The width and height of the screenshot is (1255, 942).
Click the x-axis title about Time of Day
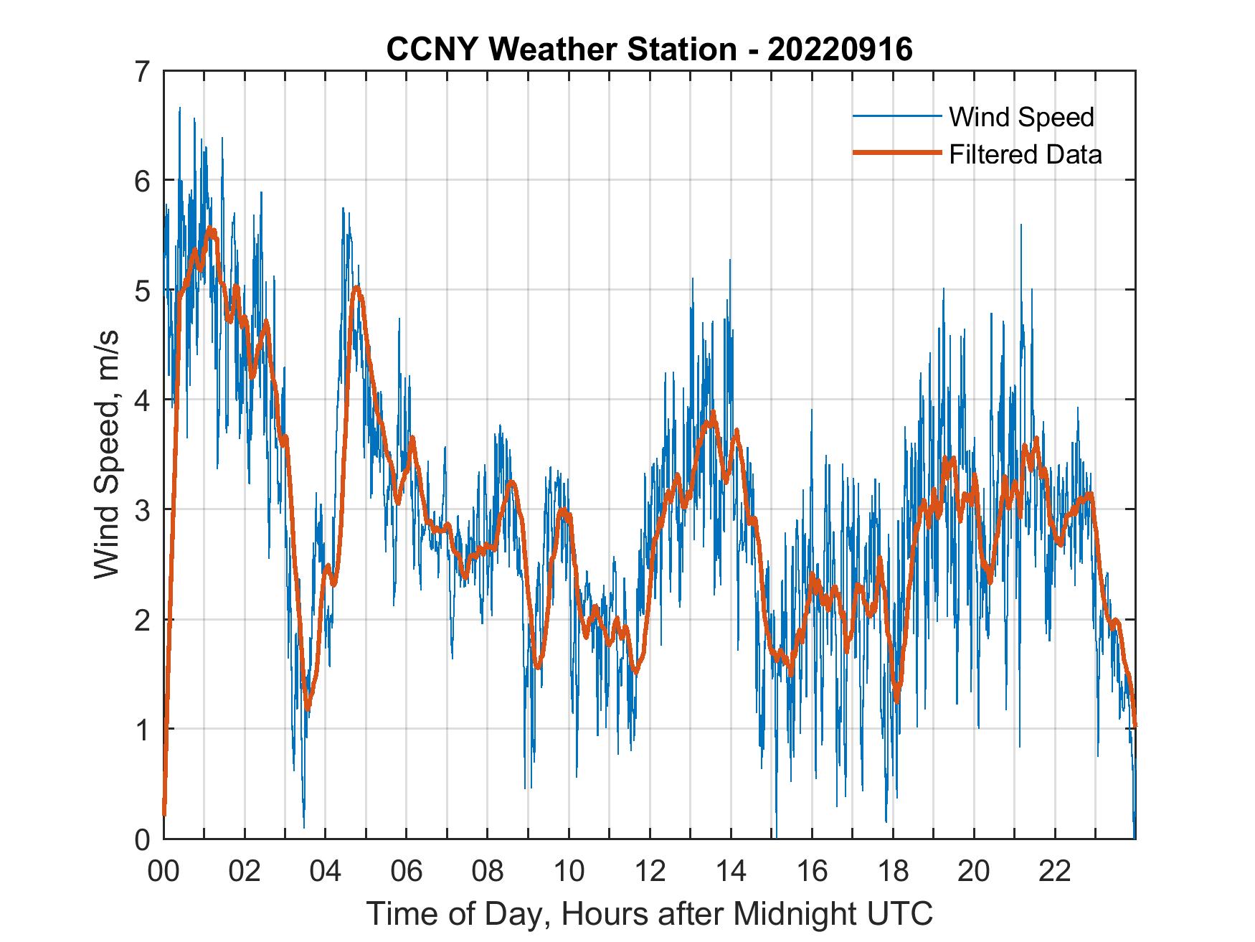(x=650, y=913)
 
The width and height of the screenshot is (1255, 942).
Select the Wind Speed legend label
(x=1021, y=117)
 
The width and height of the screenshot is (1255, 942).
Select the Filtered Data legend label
(x=1025, y=154)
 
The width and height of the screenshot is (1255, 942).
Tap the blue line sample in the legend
(x=896, y=116)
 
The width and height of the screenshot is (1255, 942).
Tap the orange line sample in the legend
(x=896, y=153)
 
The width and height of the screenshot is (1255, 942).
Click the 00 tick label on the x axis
(x=164, y=872)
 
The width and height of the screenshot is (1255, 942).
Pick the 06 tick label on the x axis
(x=407, y=872)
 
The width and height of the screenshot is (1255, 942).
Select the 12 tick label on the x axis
(x=650, y=872)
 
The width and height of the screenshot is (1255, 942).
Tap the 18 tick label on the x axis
(x=893, y=872)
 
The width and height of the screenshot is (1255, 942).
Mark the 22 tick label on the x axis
(x=1055, y=872)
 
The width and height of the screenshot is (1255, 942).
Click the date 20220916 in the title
(x=840, y=50)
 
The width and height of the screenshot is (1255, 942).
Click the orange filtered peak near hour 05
(x=356, y=288)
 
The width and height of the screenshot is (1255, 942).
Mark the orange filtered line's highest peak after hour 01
(x=211, y=229)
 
